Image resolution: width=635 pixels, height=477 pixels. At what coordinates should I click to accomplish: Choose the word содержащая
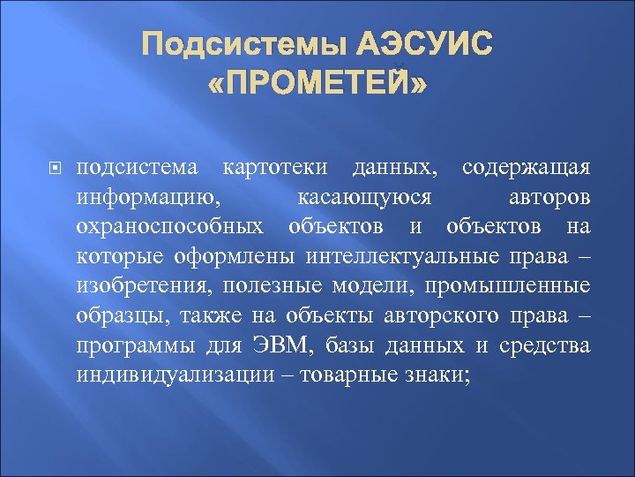(526, 167)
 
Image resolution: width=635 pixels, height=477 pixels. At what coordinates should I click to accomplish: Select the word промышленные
(523, 286)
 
